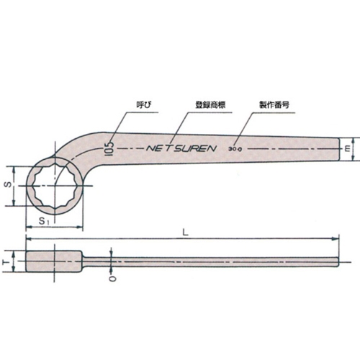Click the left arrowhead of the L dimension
pos(30,238)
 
